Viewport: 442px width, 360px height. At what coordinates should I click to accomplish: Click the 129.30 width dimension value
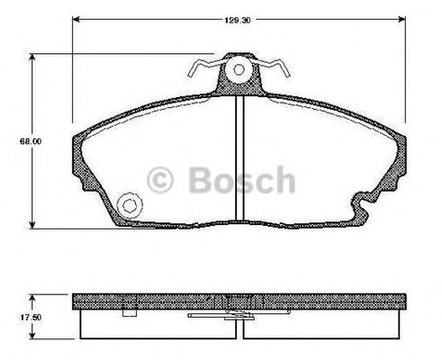click(238, 21)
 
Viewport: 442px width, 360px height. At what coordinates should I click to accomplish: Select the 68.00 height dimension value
click(31, 141)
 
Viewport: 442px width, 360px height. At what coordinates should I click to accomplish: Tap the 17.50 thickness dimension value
click(31, 317)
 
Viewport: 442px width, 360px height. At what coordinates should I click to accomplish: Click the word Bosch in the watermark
click(242, 180)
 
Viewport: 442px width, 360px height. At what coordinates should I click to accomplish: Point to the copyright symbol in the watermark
click(160, 180)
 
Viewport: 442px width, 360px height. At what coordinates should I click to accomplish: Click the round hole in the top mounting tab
click(239, 70)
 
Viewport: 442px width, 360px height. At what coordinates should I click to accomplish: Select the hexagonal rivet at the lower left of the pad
click(130, 205)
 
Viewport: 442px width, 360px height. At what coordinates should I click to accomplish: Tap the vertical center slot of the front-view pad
click(239, 158)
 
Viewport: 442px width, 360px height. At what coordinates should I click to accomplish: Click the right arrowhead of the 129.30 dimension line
click(401, 20)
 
